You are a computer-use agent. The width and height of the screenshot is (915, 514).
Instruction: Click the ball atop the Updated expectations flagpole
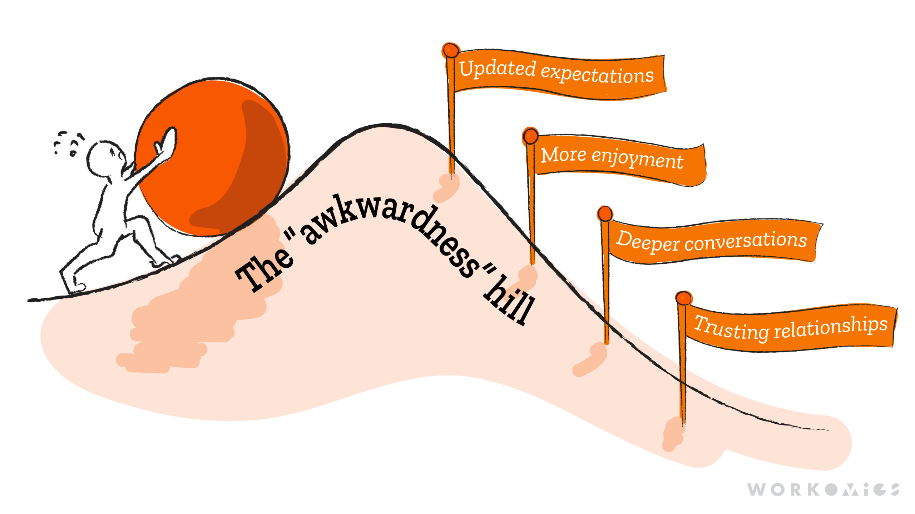click(x=451, y=50)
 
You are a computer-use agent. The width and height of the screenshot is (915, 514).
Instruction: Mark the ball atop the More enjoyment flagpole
click(x=530, y=136)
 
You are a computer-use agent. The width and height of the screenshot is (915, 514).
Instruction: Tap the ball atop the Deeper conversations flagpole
click(x=605, y=213)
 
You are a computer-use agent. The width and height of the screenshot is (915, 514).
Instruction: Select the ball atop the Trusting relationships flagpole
click(x=683, y=298)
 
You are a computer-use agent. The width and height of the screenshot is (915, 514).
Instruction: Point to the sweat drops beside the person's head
click(x=68, y=143)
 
